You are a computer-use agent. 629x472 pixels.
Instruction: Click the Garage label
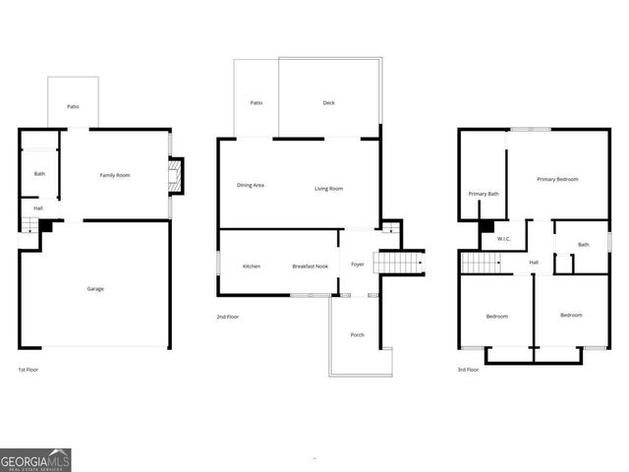coord(95,289)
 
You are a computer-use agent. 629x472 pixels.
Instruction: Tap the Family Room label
coord(115,175)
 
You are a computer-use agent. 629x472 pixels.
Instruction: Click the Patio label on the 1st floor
coord(73,107)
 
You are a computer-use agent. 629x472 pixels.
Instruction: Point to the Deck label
coord(328,103)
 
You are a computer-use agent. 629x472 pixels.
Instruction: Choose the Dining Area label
coord(251,186)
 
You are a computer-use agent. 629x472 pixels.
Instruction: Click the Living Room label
coord(328,189)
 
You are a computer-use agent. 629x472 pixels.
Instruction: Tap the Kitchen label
coord(252,266)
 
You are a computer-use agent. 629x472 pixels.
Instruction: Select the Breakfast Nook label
coord(311,266)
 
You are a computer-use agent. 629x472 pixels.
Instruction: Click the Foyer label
coord(358,265)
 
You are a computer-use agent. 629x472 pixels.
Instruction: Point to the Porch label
coord(358,335)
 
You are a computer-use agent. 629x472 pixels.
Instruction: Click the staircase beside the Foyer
coord(399,263)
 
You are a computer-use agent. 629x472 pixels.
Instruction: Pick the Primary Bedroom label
coord(557,179)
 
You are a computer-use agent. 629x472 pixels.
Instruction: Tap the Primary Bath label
coord(484,194)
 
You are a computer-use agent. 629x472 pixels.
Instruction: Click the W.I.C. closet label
coord(504,239)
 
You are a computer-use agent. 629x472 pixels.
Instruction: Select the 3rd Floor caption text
coord(468,370)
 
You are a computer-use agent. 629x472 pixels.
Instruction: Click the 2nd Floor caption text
coord(228,317)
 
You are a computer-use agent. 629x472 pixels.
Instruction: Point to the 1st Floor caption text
coord(29,370)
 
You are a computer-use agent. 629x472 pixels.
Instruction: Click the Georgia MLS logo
coord(35,460)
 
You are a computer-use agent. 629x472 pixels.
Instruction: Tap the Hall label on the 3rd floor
coord(534,263)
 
